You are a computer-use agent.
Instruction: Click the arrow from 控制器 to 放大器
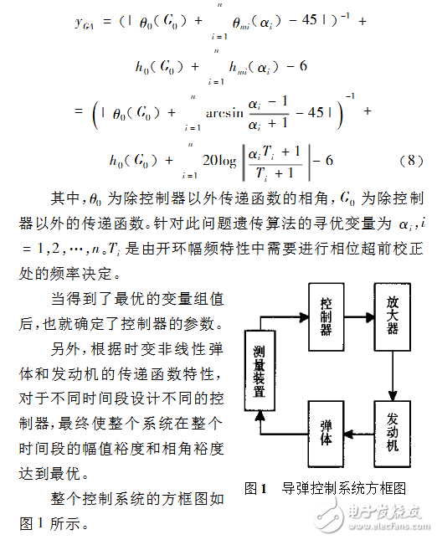(360, 316)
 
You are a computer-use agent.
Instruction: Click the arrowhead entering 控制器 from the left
(303, 316)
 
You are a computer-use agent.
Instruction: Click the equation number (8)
(405, 159)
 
